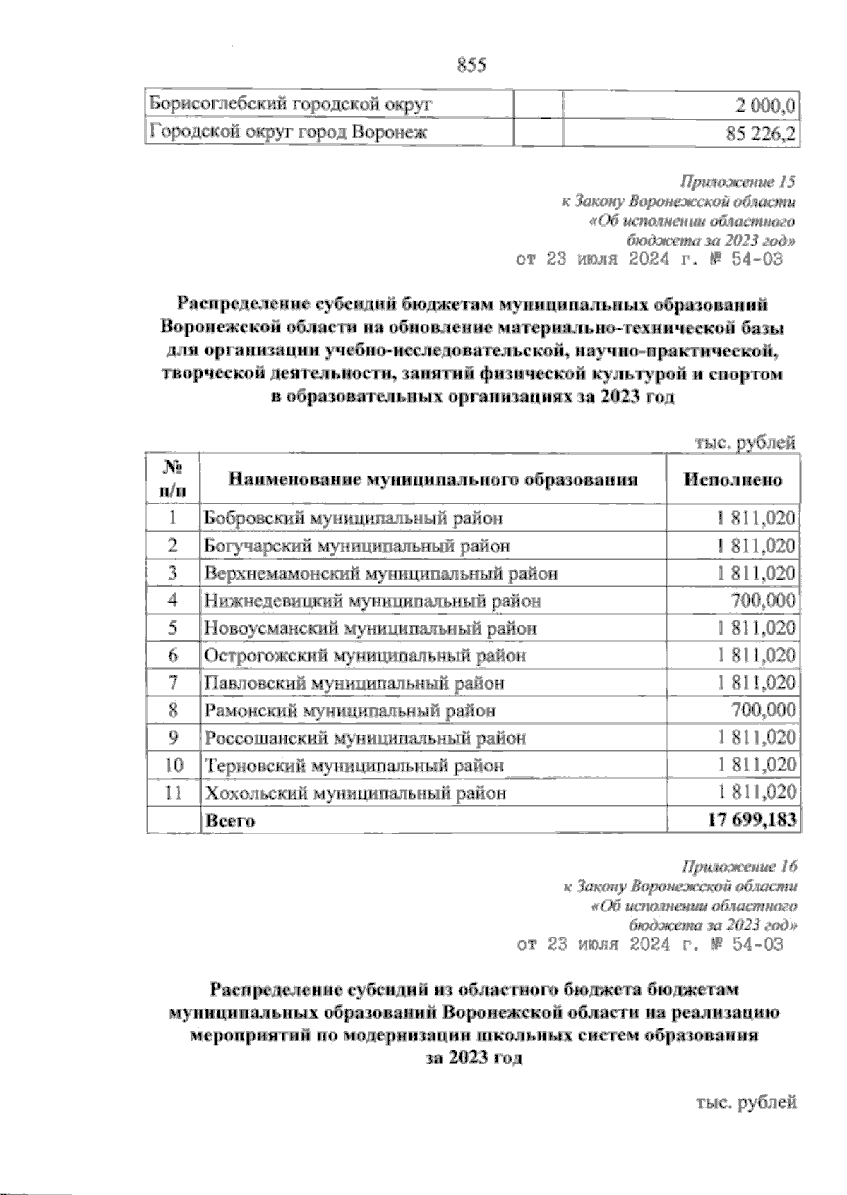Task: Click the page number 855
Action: [x=472, y=65]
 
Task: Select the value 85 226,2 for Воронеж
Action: [x=755, y=132]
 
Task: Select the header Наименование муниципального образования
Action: [x=433, y=480]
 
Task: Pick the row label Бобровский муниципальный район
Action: [x=353, y=518]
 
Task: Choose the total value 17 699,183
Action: [x=751, y=819]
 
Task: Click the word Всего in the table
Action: [x=229, y=820]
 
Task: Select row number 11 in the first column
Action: [x=173, y=793]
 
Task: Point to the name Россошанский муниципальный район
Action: [x=365, y=738]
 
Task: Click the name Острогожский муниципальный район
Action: [x=365, y=656]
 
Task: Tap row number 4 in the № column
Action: [x=173, y=601]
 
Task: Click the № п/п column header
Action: [x=173, y=480]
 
